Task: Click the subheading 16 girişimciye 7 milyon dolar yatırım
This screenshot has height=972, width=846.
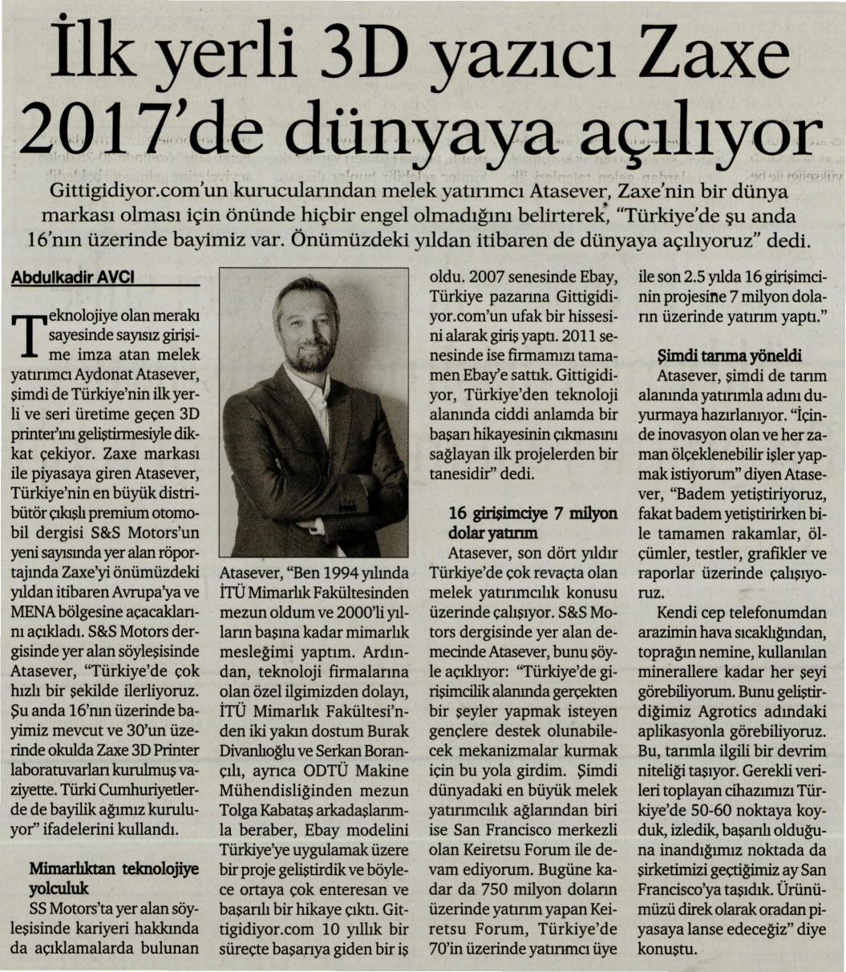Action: click(532, 522)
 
